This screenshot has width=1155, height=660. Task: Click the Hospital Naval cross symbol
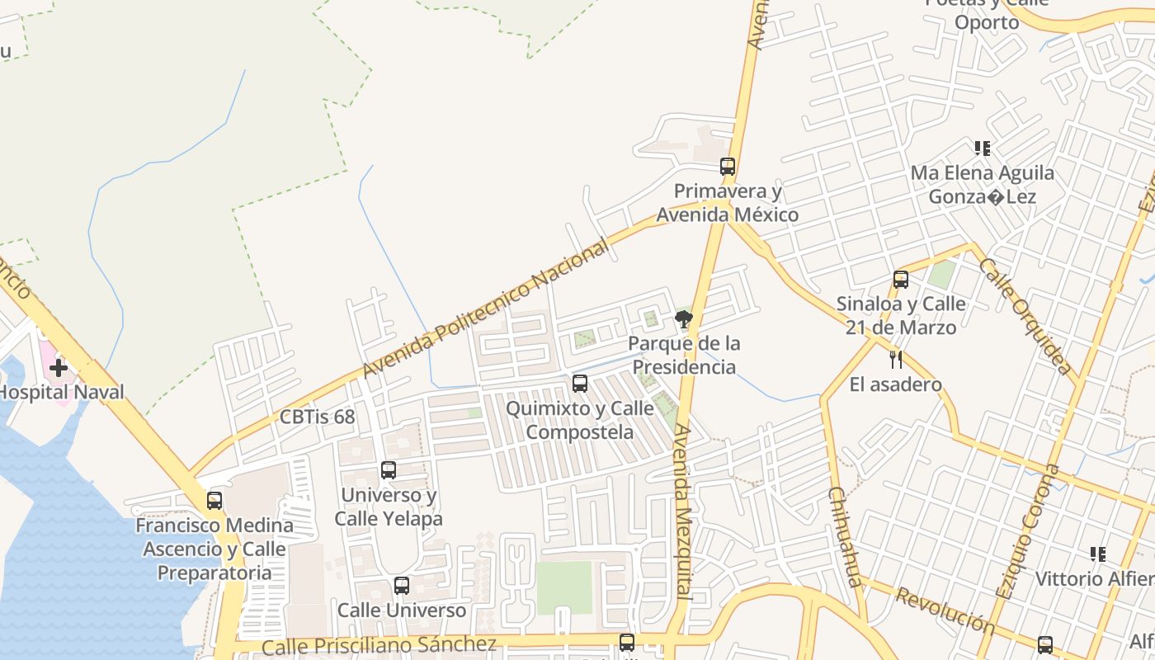pos(58,368)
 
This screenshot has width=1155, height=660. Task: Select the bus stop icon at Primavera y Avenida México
pos(727,166)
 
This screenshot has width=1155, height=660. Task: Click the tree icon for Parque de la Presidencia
pos(683,318)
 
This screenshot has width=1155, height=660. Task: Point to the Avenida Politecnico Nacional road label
pos(486,308)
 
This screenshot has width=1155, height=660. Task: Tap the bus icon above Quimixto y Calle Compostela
pos(580,383)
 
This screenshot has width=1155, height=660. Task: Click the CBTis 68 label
pos(318,417)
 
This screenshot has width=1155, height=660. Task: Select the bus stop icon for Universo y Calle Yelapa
pos(389,470)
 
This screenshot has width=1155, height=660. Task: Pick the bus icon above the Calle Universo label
pos(402,586)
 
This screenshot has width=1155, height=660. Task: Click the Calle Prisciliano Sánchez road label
pos(379,644)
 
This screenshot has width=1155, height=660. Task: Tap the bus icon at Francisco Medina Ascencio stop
pos(214,500)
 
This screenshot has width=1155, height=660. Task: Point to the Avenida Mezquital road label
pos(682,511)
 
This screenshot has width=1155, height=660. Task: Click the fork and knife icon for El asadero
pos(896,359)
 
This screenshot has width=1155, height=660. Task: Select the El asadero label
pos(895,384)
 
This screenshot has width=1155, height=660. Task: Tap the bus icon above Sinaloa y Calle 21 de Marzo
pos(901,279)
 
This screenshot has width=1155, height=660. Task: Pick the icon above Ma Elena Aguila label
pos(982,148)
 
